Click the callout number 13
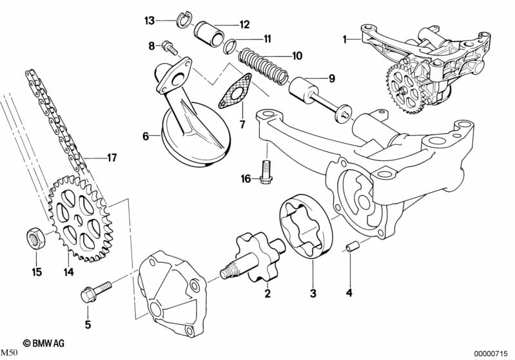[x=150, y=21]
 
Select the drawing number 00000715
[x=492, y=353]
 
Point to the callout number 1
[x=345, y=39]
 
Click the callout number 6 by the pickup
[x=146, y=136]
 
